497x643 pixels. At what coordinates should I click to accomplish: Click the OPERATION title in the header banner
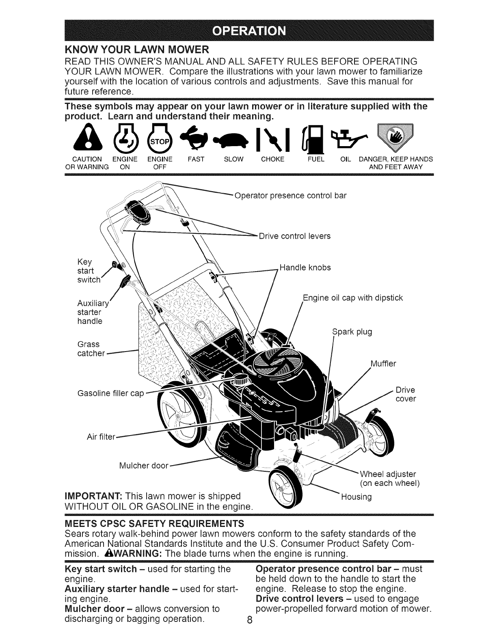[x=249, y=31]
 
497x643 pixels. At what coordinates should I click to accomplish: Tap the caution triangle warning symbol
[x=84, y=138]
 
